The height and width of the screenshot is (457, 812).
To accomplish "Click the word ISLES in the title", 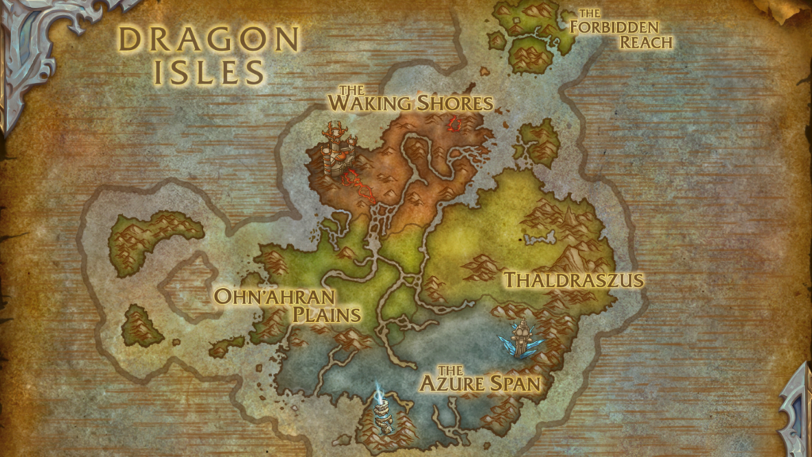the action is click(x=209, y=71).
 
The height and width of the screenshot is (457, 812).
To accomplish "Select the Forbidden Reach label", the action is click(x=623, y=29).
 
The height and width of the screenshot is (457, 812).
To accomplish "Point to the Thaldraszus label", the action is click(x=574, y=280).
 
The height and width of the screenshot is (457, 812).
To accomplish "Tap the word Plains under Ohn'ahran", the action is click(x=327, y=315).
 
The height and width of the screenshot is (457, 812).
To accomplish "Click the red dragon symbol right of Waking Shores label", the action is click(x=454, y=124).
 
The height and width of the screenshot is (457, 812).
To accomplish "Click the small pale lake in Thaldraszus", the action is click(x=540, y=237).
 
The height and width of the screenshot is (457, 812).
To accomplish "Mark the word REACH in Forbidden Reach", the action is click(x=646, y=42).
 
